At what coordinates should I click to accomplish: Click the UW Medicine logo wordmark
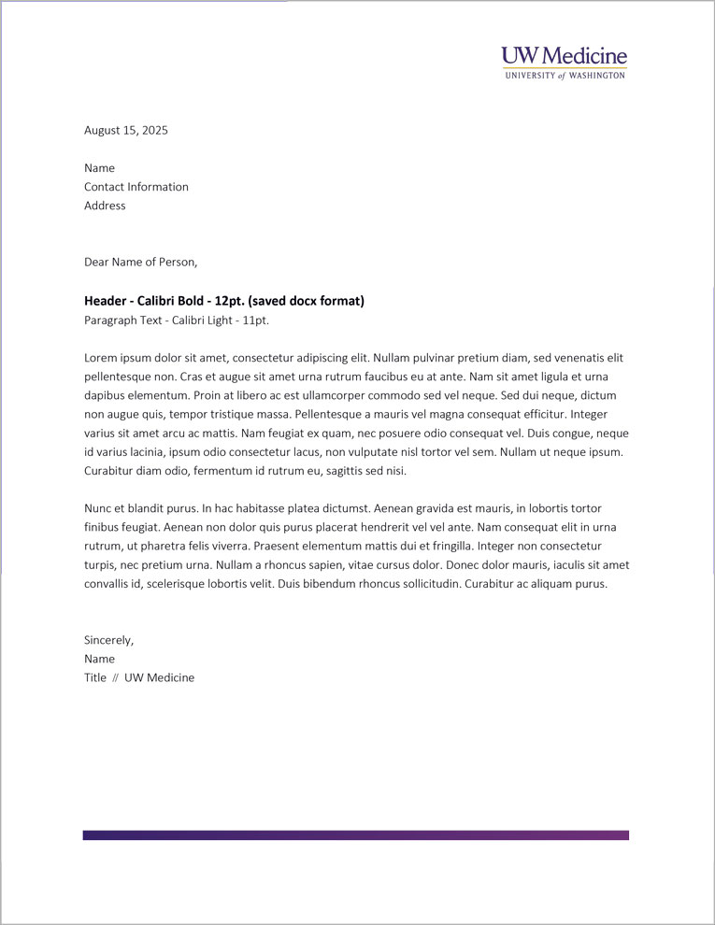pyautogui.click(x=564, y=56)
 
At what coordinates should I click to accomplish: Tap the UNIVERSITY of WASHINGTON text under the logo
pyautogui.click(x=564, y=76)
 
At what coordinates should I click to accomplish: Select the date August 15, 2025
pyautogui.click(x=126, y=131)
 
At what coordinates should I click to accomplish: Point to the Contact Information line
pyautogui.click(x=136, y=187)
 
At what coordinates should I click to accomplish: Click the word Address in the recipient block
pyautogui.click(x=105, y=206)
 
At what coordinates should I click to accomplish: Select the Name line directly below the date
pyautogui.click(x=99, y=168)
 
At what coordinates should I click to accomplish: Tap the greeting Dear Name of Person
pyautogui.click(x=141, y=262)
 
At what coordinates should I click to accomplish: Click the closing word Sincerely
pyautogui.click(x=108, y=640)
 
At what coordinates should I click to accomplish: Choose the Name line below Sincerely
pyautogui.click(x=99, y=659)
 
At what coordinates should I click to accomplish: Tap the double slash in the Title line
pyautogui.click(x=116, y=678)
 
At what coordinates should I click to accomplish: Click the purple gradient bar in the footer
pyautogui.click(x=355, y=835)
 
